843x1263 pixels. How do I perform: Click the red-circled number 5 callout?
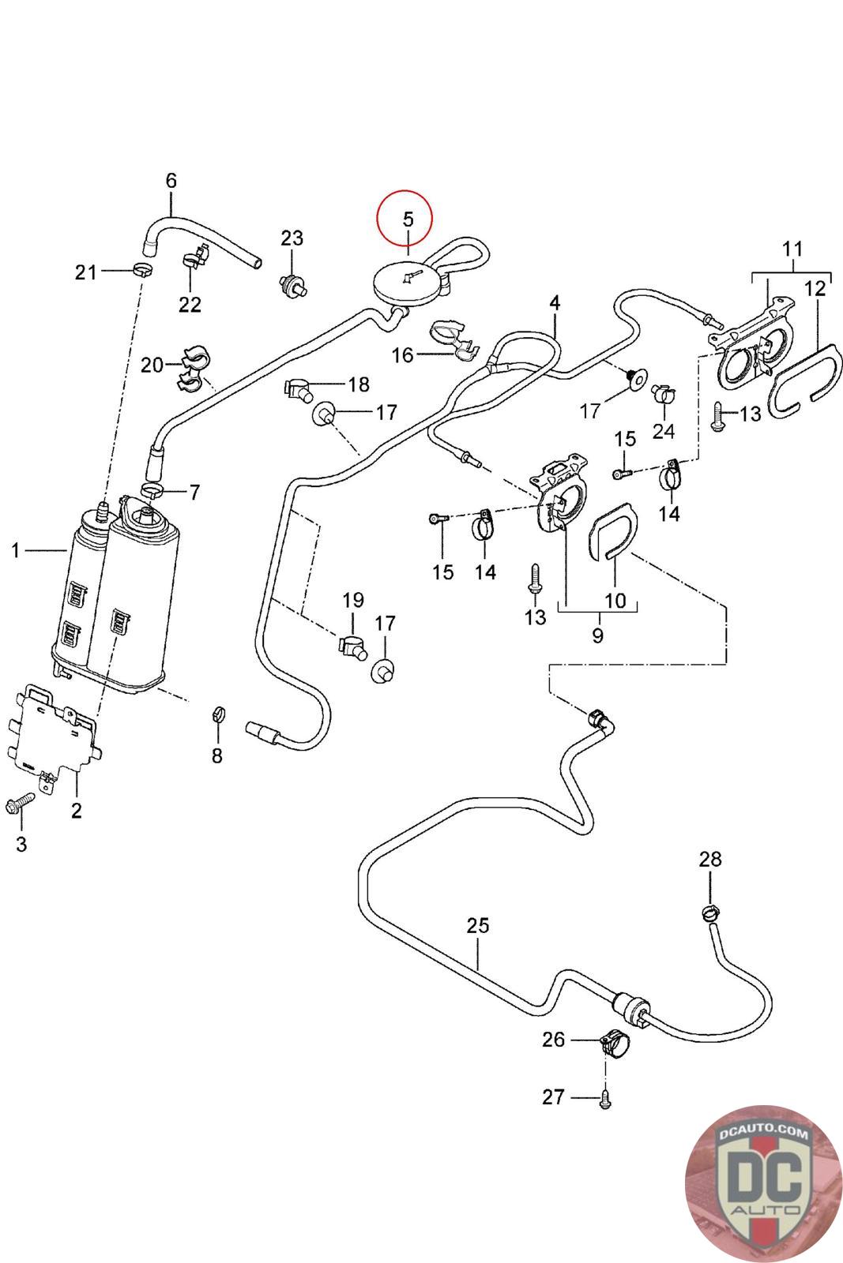click(x=405, y=219)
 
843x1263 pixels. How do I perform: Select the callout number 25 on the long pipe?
click(x=478, y=925)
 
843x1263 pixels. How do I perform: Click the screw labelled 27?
click(x=605, y=1098)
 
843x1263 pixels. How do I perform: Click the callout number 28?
click(x=710, y=859)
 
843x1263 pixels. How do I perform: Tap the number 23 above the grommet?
click(x=292, y=238)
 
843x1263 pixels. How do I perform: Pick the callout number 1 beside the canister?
click(x=15, y=550)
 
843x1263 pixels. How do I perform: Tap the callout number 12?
click(x=815, y=288)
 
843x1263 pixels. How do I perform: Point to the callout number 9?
click(x=597, y=635)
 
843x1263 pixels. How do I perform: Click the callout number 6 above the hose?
click(x=171, y=181)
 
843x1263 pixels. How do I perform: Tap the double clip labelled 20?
click(x=192, y=369)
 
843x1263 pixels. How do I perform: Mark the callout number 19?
click(x=353, y=600)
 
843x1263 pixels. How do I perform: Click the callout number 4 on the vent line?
click(x=555, y=303)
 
